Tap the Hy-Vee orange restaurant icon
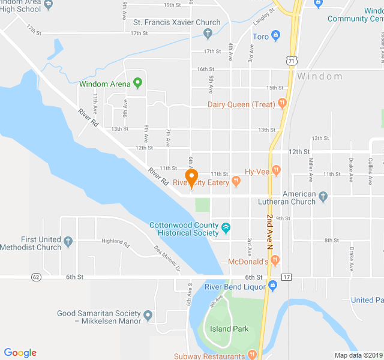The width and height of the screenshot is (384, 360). point(276,170)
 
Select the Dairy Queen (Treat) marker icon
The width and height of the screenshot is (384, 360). point(282,104)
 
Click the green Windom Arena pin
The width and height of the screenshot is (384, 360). point(137,82)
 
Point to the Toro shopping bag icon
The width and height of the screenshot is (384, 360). point(275,36)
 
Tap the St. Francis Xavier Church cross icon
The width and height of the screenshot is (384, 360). point(208,32)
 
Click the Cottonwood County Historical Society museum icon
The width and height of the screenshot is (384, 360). point(226,228)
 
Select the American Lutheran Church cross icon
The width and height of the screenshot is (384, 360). point(323,196)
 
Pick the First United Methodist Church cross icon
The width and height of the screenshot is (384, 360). point(68,242)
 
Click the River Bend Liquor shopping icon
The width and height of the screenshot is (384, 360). point(273,286)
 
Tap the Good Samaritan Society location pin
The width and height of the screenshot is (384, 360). point(148,314)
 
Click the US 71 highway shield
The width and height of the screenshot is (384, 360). point(291,60)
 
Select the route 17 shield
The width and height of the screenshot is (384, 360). point(286,277)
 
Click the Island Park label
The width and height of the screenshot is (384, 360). point(229,329)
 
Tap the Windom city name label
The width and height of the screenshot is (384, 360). point(320,76)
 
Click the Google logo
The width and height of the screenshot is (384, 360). point(20,353)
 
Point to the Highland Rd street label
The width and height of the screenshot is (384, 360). point(116,242)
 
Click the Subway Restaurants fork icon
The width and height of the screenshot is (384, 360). point(252,355)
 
